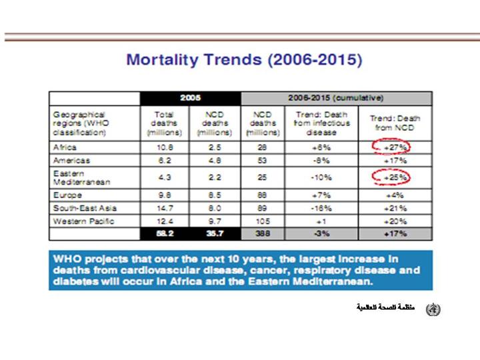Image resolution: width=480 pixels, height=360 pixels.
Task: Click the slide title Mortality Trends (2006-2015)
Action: tap(243, 61)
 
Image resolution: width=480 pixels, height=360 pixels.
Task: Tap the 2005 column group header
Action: tap(190, 98)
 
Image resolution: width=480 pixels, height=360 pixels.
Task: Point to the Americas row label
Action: tap(71, 161)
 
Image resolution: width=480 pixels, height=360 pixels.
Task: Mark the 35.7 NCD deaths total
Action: tap(215, 233)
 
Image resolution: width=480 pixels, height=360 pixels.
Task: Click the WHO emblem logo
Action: tap(433, 308)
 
